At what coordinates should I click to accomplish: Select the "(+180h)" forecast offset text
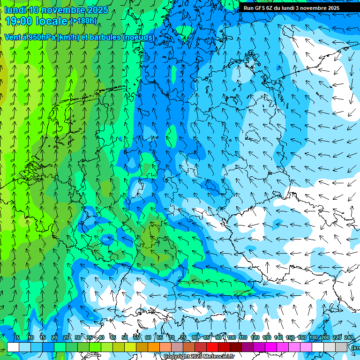83,21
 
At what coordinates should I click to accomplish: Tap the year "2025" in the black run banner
331,8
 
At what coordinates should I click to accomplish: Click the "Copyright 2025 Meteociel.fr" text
198,356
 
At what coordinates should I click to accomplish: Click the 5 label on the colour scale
18,338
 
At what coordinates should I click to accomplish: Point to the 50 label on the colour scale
125,338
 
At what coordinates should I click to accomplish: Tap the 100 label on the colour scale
232,338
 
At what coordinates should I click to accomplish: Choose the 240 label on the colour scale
349,338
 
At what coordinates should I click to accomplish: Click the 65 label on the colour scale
160,338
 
